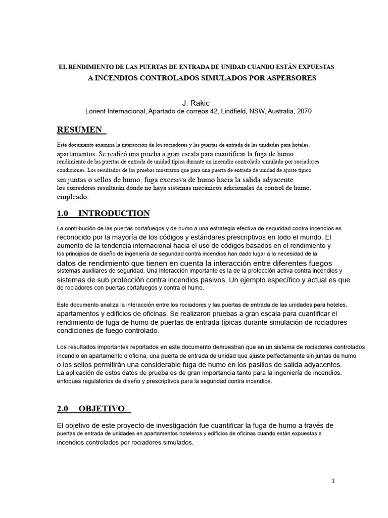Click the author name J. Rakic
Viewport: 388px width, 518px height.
[193, 103]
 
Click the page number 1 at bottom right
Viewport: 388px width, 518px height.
[333, 481]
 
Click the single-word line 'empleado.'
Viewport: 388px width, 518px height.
[72, 197]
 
